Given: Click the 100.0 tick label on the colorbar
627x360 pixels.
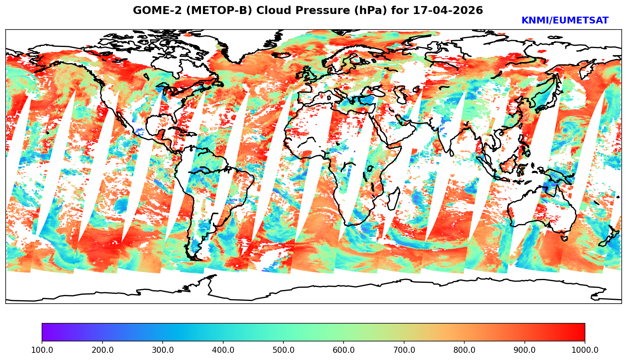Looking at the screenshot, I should coord(42,350).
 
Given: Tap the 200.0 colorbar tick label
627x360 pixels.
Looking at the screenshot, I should coord(102,350).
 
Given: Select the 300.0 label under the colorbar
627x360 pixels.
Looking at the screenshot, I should coord(162,350).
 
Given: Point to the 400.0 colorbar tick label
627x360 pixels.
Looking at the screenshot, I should coord(223,350).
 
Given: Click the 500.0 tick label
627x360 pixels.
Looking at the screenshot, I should coord(283,350).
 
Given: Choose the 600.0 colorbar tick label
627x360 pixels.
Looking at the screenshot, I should coord(344,350).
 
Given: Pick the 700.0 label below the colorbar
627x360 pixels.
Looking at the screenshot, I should coord(404,350).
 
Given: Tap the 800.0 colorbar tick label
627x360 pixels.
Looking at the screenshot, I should coord(464,350).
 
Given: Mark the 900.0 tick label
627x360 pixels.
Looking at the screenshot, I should coord(524,350).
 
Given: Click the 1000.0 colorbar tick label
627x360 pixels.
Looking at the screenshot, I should coord(585,350).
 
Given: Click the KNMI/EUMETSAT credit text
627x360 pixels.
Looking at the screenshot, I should coord(565,21).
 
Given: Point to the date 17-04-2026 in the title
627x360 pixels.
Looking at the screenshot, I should coord(448,10).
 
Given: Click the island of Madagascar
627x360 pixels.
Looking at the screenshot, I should coord(394,199).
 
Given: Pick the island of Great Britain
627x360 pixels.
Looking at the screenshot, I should coord(310,74).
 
